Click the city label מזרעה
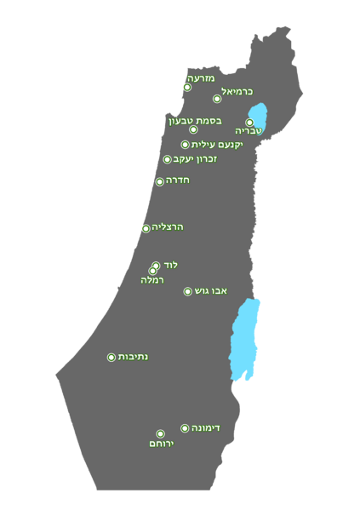201,78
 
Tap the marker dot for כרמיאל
217,99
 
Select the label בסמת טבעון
195,120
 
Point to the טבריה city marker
249,123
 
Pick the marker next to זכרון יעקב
168,159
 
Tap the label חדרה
177,181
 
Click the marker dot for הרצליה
146,228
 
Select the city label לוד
170,265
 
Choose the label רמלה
152,280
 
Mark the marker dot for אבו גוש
188,291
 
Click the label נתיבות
133,357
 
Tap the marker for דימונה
185,428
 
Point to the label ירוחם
161,444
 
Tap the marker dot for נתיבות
111,358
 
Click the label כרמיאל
237,92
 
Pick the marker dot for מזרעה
187,87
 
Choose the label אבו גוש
211,291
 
